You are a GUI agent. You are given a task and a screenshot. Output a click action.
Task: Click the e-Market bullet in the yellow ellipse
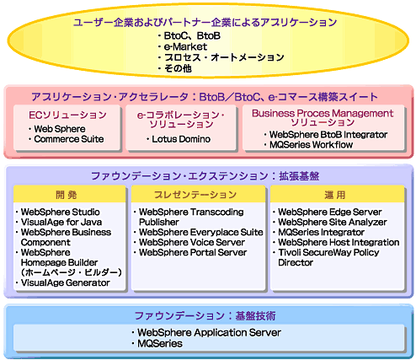click(x=185, y=46)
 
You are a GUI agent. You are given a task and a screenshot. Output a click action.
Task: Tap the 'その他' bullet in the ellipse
click(x=178, y=68)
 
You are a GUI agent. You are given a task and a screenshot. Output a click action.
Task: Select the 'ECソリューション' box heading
click(x=67, y=115)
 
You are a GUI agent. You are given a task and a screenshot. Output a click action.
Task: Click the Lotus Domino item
click(x=181, y=139)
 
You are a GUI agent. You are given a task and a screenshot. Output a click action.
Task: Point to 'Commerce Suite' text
click(x=69, y=139)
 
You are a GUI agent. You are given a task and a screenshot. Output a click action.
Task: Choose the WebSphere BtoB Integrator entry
click(x=328, y=135)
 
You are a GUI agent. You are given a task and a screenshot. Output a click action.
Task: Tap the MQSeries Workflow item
click(x=311, y=145)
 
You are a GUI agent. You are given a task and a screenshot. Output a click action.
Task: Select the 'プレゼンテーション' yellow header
click(x=198, y=194)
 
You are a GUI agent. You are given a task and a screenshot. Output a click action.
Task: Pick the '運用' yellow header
click(x=337, y=194)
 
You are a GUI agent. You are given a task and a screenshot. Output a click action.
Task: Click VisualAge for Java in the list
click(x=61, y=222)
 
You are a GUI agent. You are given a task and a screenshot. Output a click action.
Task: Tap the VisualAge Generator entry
click(x=66, y=282)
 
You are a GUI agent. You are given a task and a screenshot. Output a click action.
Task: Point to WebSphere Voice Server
click(x=192, y=242)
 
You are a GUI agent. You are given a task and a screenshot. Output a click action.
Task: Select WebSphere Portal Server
click(x=193, y=252)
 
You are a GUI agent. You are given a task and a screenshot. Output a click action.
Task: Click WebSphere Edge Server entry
click(x=330, y=212)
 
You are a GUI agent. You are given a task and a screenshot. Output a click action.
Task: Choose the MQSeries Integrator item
click(x=321, y=232)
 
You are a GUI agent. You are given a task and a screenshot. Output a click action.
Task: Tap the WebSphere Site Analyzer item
click(x=333, y=222)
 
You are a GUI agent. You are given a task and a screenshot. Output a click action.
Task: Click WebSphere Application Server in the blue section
click(x=209, y=333)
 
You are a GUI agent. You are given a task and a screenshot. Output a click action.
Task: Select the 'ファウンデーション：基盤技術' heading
click(x=205, y=316)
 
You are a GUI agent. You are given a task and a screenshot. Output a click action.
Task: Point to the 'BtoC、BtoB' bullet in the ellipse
click(x=192, y=36)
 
